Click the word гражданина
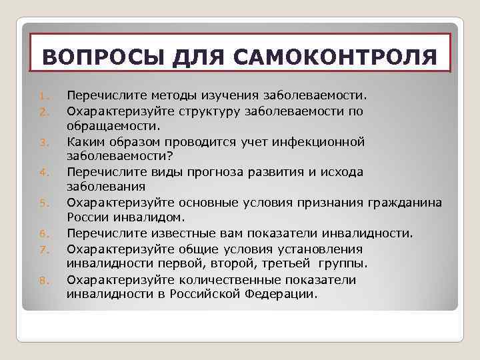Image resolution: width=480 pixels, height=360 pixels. click(405, 202)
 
